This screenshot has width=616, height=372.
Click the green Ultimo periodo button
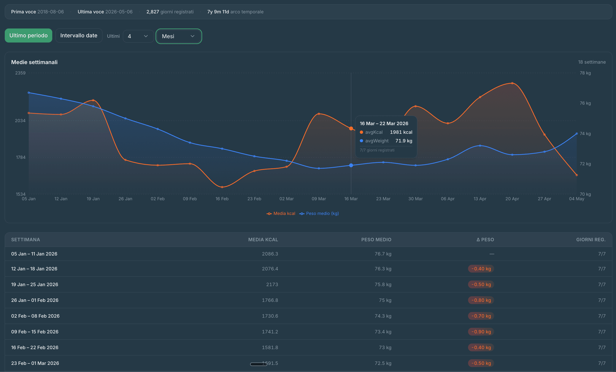point(29,35)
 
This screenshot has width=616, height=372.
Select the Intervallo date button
point(79,35)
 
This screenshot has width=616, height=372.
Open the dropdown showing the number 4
point(138,36)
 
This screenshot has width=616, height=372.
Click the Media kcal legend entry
point(281,213)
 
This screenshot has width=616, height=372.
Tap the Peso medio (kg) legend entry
point(319,213)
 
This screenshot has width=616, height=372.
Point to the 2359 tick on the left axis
point(20,73)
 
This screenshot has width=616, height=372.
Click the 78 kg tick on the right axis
point(585,73)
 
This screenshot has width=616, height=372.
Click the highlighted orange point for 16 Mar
point(351,128)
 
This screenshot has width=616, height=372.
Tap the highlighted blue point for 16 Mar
point(351,165)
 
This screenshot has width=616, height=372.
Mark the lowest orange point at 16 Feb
point(222,187)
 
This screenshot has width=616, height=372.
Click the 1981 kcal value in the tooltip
point(401,132)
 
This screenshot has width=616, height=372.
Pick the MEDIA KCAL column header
point(263,240)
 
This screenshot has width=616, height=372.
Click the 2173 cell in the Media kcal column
point(272,285)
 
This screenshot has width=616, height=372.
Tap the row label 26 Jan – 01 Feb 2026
point(35,300)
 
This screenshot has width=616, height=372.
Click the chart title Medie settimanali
point(34,62)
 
